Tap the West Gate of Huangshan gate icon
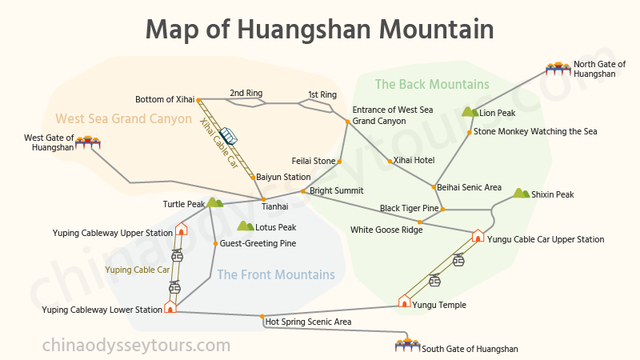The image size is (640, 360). pyautogui.click(x=88, y=143)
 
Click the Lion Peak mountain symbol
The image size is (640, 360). pyautogui.click(x=470, y=112)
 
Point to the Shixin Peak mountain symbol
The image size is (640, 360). pyautogui.click(x=521, y=194)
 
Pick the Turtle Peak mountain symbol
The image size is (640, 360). pyautogui.click(x=214, y=203)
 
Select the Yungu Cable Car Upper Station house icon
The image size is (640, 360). pyautogui.click(x=478, y=236)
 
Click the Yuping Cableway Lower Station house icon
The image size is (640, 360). pyautogui.click(x=170, y=306)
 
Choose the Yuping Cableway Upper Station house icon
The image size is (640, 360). pyautogui.click(x=181, y=230)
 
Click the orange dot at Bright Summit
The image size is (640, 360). pyautogui.click(x=302, y=191)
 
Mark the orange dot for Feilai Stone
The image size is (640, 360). pyautogui.click(x=340, y=162)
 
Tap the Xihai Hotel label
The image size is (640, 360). pyautogui.click(x=414, y=161)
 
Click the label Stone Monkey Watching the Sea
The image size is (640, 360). pyautogui.click(x=535, y=130)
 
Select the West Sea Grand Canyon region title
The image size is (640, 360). pyautogui.click(x=123, y=119)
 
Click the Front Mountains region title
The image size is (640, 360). pyautogui.click(x=275, y=275)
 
